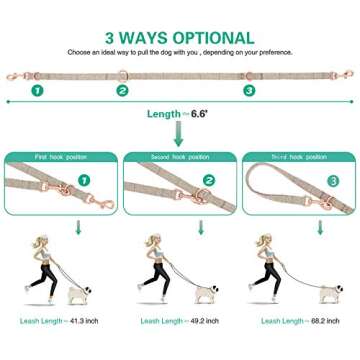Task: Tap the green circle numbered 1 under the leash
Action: (37, 89)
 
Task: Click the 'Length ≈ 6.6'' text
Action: (180, 115)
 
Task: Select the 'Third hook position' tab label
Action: (296, 157)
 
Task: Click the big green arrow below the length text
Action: (180, 136)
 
